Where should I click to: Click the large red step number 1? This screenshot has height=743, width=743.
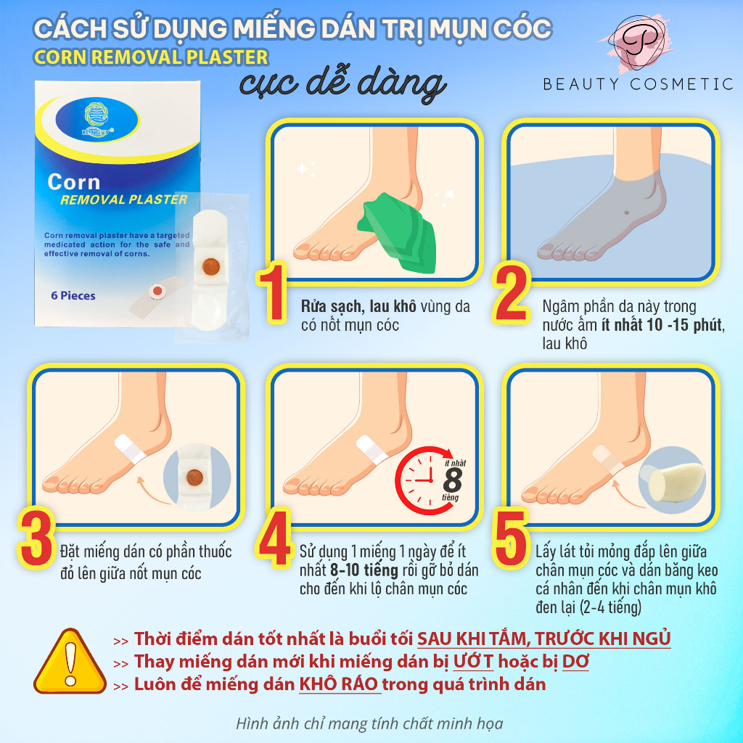[x=273, y=293]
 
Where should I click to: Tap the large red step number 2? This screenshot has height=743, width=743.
[x=511, y=293]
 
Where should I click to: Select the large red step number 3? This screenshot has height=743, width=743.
[x=36, y=538]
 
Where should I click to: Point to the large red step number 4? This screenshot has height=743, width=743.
[x=273, y=538]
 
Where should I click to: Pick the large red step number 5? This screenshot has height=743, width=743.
[x=510, y=538]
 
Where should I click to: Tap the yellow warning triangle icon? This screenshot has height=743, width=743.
[x=70, y=661]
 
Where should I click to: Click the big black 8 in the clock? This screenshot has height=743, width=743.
[x=453, y=480]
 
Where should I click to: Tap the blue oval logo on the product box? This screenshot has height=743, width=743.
[x=97, y=119]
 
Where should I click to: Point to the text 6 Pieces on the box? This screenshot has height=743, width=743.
[x=73, y=296]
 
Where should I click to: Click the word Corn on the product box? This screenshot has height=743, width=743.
[x=74, y=182]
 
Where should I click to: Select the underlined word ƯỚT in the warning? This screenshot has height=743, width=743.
[x=473, y=661]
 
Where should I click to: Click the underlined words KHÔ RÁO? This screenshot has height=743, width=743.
[x=340, y=684]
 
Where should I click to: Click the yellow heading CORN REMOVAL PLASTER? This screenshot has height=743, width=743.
[x=151, y=57]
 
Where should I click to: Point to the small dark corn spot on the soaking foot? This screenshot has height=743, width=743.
[x=627, y=212]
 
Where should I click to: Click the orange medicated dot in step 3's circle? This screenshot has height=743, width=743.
[x=194, y=477]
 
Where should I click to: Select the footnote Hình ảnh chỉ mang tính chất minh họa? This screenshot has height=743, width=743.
[x=369, y=723]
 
